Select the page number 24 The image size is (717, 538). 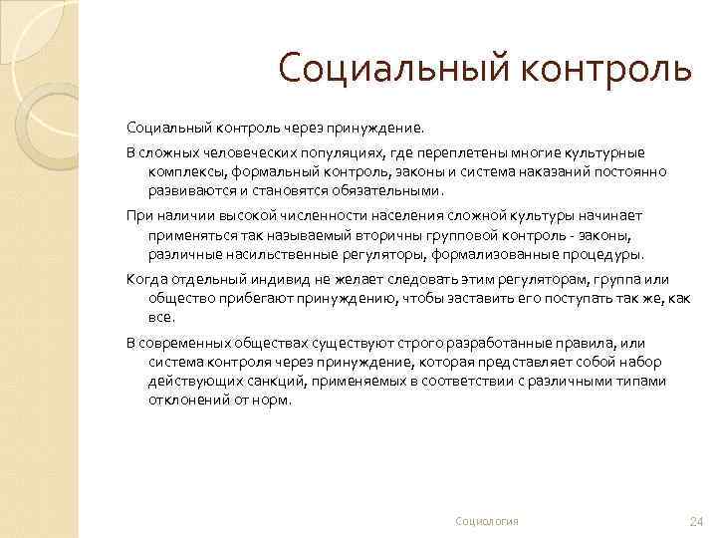[x=696, y=521]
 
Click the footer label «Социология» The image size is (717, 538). [x=487, y=521]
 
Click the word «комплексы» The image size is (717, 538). [x=181, y=171]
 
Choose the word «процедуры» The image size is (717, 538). [x=598, y=253]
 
